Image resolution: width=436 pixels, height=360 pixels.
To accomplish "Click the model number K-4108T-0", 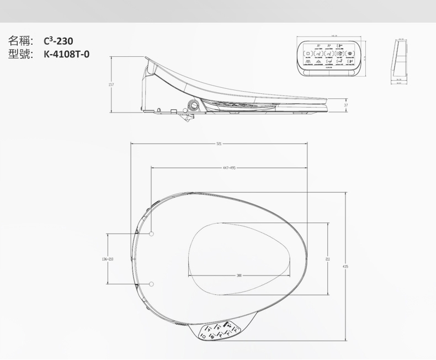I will coord(66,54).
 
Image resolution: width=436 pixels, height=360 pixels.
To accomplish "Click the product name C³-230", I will coord(58,41).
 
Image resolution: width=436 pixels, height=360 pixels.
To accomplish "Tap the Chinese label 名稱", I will coord(21,41).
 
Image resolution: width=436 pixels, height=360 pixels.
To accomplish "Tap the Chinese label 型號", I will coord(21,54).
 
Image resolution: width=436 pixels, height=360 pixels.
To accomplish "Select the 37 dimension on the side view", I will coord(345,105).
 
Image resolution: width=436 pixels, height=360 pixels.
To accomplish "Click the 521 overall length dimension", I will coord(219,144).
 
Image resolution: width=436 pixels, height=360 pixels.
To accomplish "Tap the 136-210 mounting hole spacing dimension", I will coord(108,258).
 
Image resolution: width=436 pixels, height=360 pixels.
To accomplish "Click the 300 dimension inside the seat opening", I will coord(238,274).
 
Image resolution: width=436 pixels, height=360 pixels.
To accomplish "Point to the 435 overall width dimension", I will coord(345,266).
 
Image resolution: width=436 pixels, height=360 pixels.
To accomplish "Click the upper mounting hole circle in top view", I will coord(151,234).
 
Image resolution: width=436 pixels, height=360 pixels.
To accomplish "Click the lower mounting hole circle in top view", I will coord(151,283).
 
